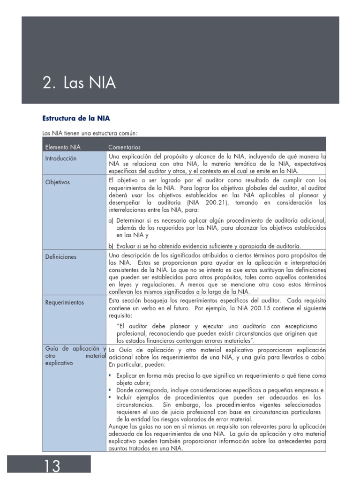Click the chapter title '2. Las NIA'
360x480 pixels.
(79, 83)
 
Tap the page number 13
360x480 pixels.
(52, 466)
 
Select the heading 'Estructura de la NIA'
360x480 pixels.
(76, 118)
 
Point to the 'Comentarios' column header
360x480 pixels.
(124, 147)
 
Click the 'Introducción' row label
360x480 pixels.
(60, 158)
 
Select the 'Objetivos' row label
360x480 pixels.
(57, 182)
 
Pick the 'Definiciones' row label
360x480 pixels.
(60, 257)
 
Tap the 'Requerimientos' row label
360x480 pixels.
(65, 302)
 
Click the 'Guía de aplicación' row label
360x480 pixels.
(73, 348)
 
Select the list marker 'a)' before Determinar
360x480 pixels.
(111, 220)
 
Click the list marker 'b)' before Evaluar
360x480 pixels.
(111, 246)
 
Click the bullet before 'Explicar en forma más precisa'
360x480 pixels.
(110, 376)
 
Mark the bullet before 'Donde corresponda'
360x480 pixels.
(110, 390)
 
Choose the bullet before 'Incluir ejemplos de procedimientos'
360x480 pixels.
(110, 397)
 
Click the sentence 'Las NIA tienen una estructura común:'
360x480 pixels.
(90, 133)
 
